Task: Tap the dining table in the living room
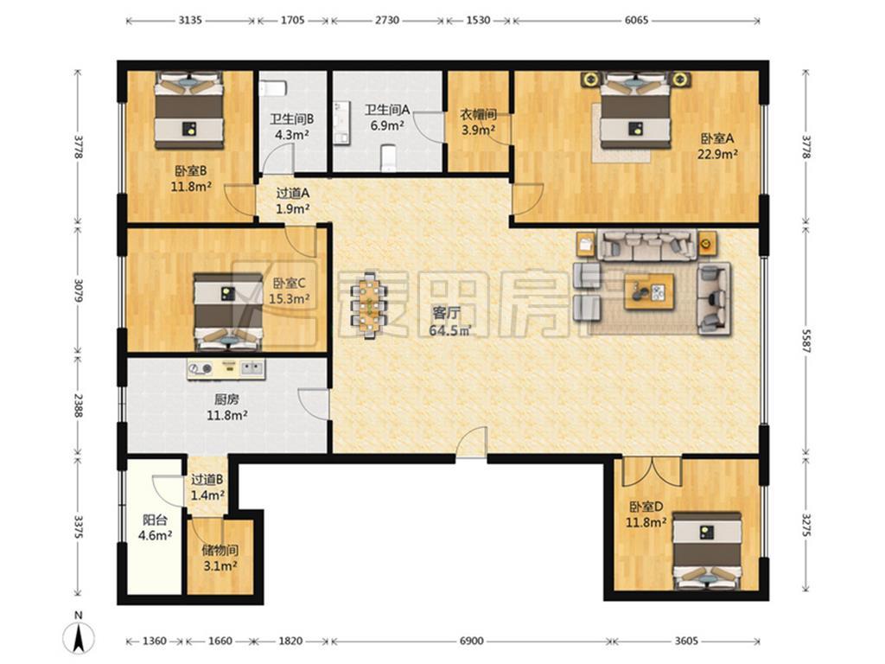point(370,305)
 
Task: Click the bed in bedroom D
point(708,552)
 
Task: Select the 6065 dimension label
point(636,21)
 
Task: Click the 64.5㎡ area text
point(449,330)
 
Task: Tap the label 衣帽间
point(478,115)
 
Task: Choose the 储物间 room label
point(220,549)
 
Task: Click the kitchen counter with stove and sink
point(226,369)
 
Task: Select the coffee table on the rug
point(649,291)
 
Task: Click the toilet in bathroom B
point(274,89)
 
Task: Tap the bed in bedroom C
point(228,312)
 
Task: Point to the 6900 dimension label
point(471,641)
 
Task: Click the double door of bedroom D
point(652,471)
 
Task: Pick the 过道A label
point(292,193)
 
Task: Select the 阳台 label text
point(155,520)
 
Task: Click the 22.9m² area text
point(717,154)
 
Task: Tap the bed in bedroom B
point(189,110)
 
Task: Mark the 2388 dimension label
point(78,405)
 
